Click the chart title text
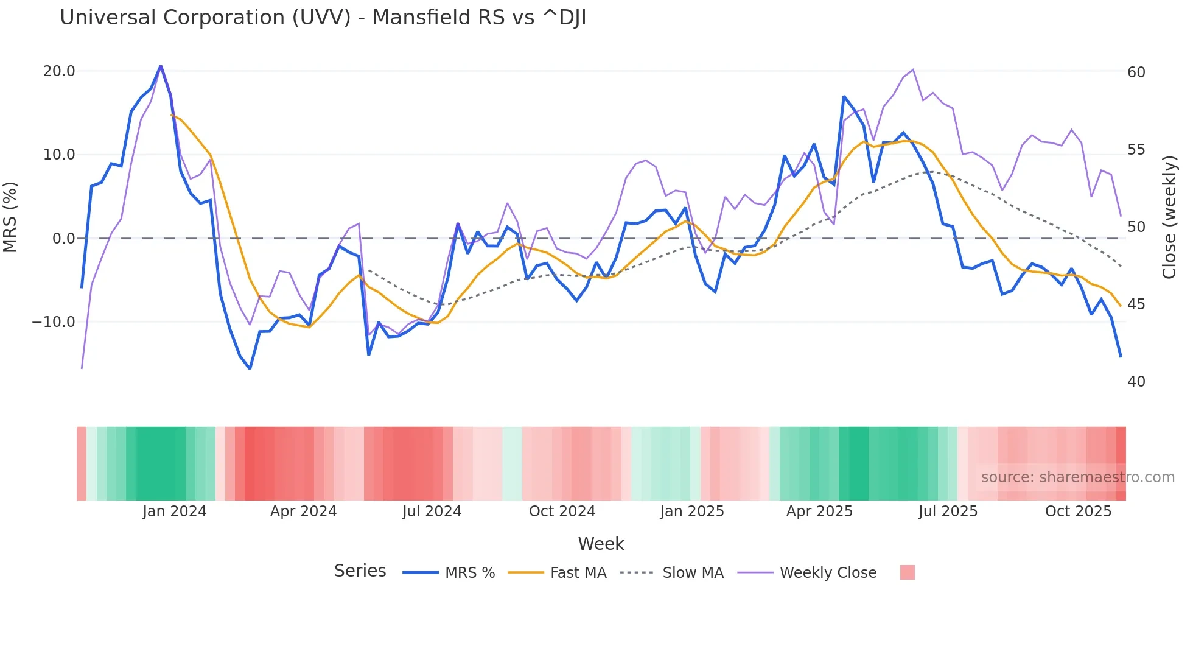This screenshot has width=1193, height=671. (323, 18)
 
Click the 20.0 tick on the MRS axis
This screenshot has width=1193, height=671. (59, 71)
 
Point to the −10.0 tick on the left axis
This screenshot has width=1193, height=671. (54, 322)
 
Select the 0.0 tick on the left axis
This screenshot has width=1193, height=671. (64, 239)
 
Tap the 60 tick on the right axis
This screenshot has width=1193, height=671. (1136, 72)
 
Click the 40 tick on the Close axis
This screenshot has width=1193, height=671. (1136, 382)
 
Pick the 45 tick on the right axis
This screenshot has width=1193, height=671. (1136, 304)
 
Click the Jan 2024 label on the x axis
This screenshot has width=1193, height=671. (175, 511)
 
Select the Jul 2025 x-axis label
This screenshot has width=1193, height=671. (948, 511)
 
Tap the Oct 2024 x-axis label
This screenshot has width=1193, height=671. (562, 511)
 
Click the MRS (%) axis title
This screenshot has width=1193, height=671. (10, 217)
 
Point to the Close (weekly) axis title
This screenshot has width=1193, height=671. (1169, 217)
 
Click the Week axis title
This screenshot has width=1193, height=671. (601, 544)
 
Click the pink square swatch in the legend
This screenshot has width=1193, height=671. (907, 573)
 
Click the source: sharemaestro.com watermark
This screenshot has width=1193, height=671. (1077, 477)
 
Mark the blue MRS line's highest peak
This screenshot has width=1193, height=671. (161, 66)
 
